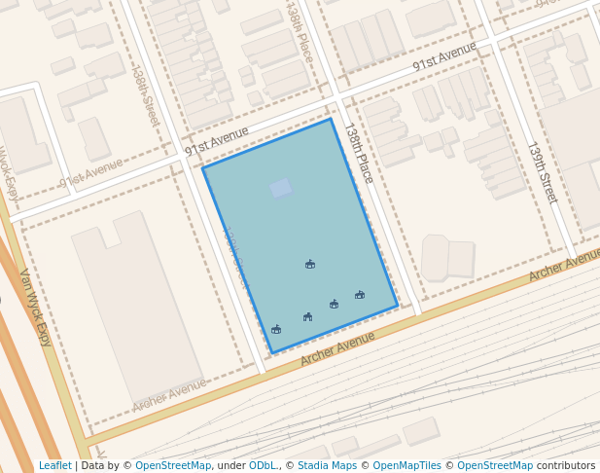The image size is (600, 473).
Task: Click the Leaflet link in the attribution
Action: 54,465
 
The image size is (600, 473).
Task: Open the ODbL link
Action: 263,465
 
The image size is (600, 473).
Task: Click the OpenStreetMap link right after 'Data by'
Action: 173,465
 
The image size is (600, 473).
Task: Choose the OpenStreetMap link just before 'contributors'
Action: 494,465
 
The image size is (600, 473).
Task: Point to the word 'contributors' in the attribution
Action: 565,465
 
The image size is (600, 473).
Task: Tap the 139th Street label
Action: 543,172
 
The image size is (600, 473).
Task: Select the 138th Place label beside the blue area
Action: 359,153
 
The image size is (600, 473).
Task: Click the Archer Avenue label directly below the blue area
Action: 337,347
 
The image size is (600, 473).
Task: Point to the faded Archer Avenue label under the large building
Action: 169,395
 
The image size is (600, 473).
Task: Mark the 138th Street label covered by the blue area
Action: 234,256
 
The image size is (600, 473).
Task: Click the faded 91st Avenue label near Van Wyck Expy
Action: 91,175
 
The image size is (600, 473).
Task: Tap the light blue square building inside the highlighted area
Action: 281,188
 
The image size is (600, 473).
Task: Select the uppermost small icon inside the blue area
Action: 310,264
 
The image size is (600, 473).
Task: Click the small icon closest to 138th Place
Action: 360,294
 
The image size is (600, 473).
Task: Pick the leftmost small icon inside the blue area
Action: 276,329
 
